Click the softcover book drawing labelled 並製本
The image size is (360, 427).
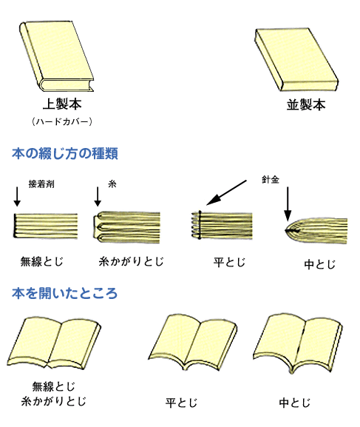pos(296,60)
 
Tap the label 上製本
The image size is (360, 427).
pos(62,104)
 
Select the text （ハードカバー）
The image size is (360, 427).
pos(62,121)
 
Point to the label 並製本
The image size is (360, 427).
pos(306,105)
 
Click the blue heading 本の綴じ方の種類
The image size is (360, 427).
pos(65,154)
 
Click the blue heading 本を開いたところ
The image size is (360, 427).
pos(64,294)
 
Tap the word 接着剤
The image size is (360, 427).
pos(41,184)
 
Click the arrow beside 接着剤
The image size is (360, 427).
pos(17,196)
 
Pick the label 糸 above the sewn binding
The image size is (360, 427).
pos(112,184)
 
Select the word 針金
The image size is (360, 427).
pos(271,180)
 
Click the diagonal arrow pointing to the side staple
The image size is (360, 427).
pos(226,192)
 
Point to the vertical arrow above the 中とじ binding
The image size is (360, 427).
pos(288,204)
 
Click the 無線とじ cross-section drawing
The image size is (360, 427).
pos(46,226)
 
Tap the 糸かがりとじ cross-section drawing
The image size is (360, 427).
pos(126,227)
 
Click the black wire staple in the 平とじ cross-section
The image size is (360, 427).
pos(200,225)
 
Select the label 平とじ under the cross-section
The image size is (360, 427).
pos(229,262)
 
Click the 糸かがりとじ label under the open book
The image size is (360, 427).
pos(54,401)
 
